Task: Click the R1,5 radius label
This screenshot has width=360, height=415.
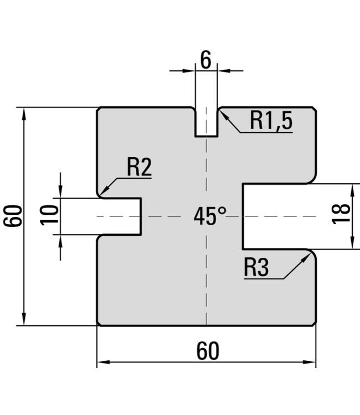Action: [270, 121]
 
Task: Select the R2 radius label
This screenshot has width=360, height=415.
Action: [139, 167]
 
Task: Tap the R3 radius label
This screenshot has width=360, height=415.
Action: [256, 268]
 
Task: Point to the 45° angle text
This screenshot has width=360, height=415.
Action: [210, 216]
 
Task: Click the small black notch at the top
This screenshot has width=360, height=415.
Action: [206, 124]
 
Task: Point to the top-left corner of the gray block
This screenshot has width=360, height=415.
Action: [100, 110]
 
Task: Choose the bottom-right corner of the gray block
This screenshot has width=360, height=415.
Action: [313, 323]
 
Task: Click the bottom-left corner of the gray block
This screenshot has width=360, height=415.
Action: [100, 323]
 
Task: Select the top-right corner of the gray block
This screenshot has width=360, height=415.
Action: [313, 110]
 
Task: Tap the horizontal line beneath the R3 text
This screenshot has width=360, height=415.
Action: [263, 278]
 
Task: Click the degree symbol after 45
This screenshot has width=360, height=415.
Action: [223, 210]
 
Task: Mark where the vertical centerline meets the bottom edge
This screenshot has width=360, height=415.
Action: [206, 324]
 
